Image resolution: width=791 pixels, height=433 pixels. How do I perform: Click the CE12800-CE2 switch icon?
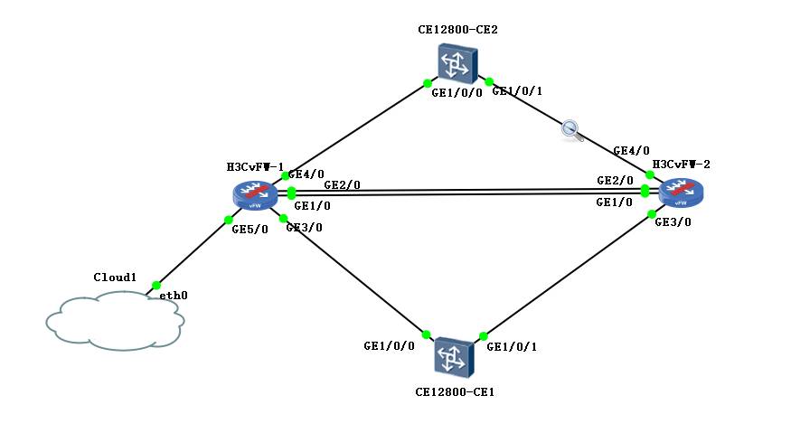(x=455, y=62)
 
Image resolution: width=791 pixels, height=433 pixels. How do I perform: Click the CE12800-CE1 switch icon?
(x=453, y=357)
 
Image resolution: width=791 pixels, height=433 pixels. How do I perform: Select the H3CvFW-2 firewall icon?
(x=682, y=193)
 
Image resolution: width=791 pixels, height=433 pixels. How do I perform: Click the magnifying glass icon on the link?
(x=570, y=129)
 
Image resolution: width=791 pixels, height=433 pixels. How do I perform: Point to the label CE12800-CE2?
(x=457, y=29)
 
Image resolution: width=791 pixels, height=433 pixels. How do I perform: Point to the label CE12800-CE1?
(x=455, y=392)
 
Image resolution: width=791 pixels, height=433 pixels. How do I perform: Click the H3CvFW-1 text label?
(x=255, y=167)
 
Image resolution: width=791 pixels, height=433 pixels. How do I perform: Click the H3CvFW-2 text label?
(x=682, y=165)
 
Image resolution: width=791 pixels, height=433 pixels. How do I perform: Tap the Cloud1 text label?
(x=115, y=278)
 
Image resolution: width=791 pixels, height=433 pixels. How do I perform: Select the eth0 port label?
(x=174, y=296)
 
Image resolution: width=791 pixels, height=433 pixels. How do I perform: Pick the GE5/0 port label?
(x=250, y=230)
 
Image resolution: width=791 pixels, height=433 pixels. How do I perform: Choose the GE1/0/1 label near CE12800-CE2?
(x=518, y=92)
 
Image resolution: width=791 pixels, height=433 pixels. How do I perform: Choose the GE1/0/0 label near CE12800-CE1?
(x=389, y=346)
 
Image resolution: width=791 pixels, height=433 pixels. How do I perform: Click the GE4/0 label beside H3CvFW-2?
(x=630, y=151)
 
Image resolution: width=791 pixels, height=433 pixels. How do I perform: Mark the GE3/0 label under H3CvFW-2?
(x=673, y=221)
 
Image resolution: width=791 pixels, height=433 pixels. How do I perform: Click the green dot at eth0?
(x=156, y=285)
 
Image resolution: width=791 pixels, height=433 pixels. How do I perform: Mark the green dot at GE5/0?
(x=229, y=220)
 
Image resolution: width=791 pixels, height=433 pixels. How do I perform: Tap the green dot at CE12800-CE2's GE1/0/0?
(x=428, y=84)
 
